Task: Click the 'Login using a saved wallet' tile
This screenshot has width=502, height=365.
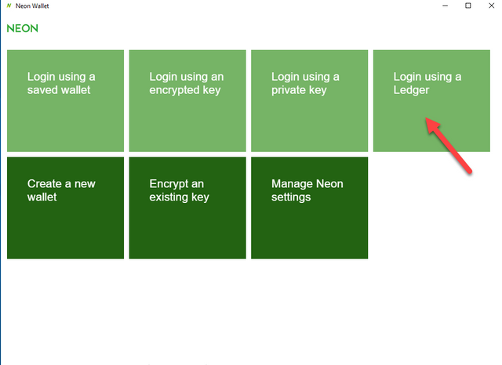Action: point(65,101)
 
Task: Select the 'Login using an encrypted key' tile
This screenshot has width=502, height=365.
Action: point(187,101)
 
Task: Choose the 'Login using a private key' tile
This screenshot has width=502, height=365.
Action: point(310,101)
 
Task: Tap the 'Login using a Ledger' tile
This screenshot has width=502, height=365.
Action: point(431,101)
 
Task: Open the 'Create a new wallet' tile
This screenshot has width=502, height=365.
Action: point(65,208)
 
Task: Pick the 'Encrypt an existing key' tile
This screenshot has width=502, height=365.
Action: point(187,208)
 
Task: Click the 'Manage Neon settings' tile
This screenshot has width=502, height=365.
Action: point(310,208)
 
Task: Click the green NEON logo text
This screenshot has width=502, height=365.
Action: point(23,28)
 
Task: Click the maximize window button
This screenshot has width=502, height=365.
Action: point(468,5)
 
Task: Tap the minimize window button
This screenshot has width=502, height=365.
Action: point(445,5)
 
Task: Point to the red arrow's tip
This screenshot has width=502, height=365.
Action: point(425,118)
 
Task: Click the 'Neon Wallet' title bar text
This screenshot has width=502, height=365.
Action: point(32,5)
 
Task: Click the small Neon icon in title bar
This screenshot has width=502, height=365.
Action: point(9,5)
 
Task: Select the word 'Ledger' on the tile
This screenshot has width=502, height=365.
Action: point(411,90)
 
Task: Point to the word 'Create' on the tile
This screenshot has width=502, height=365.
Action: point(44,184)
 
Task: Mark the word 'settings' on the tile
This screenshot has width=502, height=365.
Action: point(291,197)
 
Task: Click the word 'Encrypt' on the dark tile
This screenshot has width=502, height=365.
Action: point(169,184)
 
